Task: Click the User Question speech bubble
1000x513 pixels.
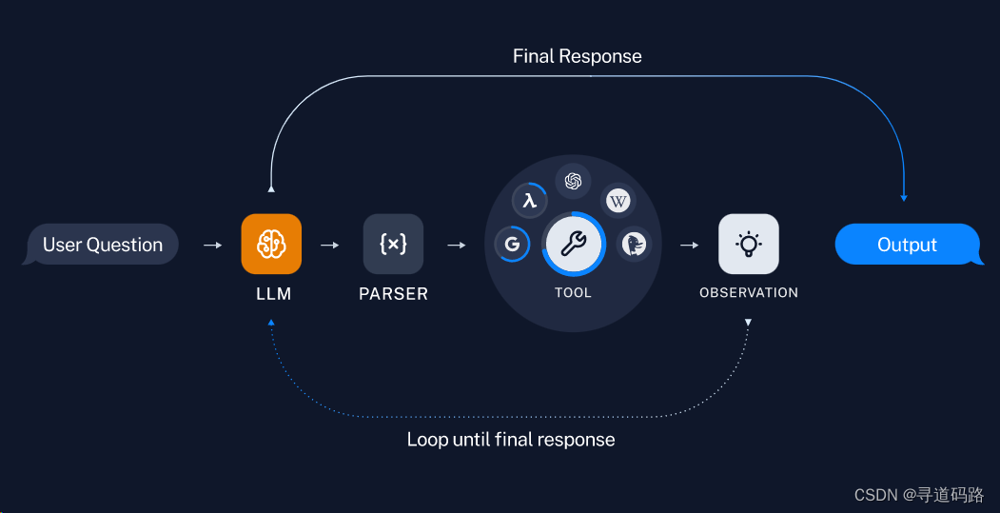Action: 102,245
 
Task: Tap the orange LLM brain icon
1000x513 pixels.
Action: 271,244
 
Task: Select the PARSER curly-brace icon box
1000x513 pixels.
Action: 393,244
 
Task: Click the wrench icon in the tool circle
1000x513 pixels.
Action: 573,244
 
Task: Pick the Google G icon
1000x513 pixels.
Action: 512,245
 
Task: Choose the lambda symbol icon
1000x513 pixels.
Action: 530,201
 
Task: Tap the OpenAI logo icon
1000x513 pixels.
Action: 573,180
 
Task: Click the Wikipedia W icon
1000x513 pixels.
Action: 618,201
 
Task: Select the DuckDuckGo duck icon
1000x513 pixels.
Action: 634,245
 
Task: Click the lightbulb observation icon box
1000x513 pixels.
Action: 748,244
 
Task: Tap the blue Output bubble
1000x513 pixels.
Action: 907,245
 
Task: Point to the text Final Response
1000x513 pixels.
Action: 577,56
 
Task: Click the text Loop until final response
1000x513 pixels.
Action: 511,440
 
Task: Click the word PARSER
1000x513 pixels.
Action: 393,294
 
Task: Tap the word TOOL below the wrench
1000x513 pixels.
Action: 573,292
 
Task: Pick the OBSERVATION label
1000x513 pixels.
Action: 748,292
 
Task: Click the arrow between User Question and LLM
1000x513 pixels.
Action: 213,246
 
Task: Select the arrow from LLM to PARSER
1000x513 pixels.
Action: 330,246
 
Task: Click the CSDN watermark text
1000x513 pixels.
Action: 918,495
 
